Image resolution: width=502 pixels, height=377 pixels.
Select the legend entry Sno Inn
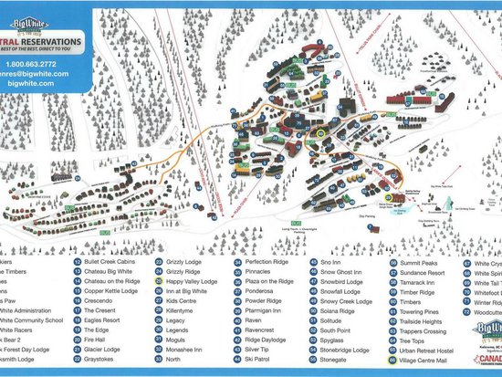click(x=332, y=260)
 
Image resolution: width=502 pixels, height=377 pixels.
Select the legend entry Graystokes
click(x=102, y=361)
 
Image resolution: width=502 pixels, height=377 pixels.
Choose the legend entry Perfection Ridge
click(x=270, y=260)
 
